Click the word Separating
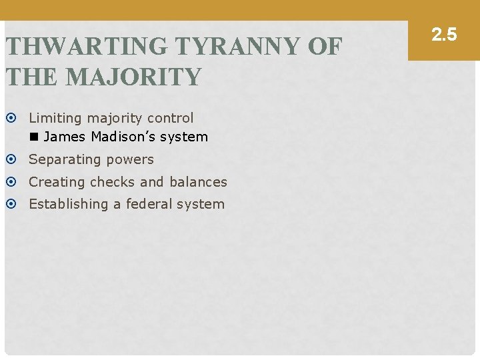[x=60, y=160]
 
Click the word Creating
[x=57, y=182]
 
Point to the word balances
[x=197, y=182]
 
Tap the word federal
[x=149, y=204]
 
